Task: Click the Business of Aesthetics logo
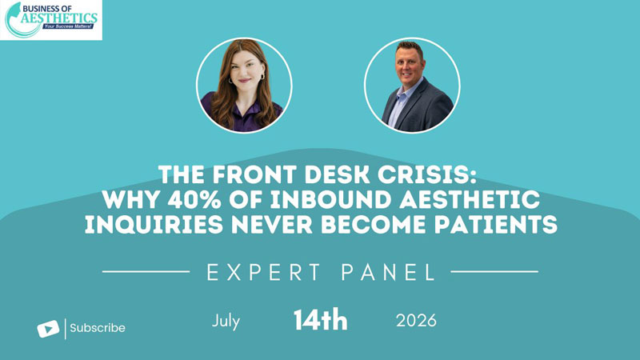click(x=51, y=20)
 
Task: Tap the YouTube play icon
click(x=48, y=329)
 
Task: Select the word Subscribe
click(x=98, y=328)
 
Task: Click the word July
click(x=226, y=322)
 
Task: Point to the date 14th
click(x=321, y=321)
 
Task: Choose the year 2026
click(x=416, y=321)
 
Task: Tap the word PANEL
click(x=388, y=272)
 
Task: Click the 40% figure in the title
click(x=194, y=200)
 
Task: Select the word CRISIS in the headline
click(x=427, y=174)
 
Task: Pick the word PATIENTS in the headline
click(x=495, y=225)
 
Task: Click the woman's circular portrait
click(x=244, y=86)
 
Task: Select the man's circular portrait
click(x=412, y=86)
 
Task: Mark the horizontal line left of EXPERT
click(x=146, y=271)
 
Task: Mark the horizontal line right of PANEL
click(x=494, y=271)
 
